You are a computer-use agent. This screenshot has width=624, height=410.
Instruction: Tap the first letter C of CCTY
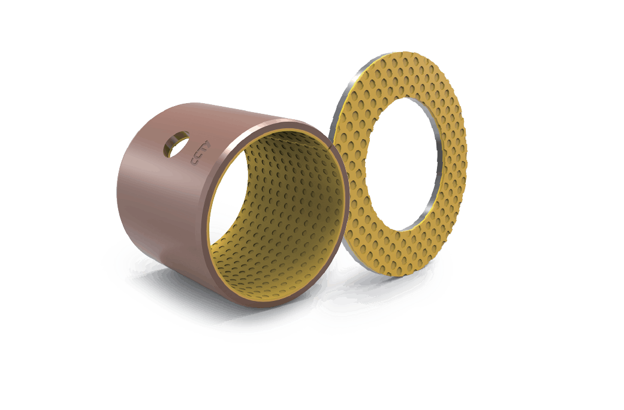pos(194,162)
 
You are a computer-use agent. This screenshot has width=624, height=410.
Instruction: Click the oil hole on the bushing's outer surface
pos(177,144)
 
